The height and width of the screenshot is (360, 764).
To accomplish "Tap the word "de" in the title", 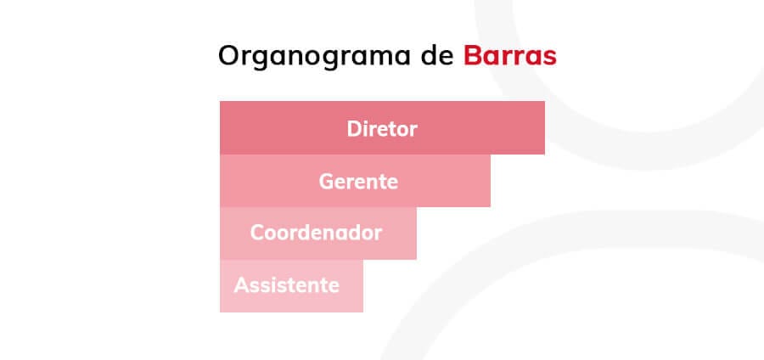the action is [x=437, y=55].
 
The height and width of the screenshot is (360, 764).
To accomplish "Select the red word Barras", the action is [x=509, y=55].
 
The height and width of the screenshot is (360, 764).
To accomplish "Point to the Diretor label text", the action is [x=382, y=129].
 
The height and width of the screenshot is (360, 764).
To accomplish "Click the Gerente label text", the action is [x=358, y=182].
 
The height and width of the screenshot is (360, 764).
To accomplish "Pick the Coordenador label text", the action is [x=316, y=233].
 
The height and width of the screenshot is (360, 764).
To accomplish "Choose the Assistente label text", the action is [x=287, y=285].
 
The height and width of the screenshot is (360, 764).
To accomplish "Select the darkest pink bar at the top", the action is [x=382, y=127].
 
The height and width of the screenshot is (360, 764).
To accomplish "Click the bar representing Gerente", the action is [x=355, y=181].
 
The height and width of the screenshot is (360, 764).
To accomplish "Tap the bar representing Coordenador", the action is [x=318, y=233].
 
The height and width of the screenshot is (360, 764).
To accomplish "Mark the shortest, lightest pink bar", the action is [x=291, y=286].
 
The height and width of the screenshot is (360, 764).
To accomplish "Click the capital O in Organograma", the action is [x=230, y=55].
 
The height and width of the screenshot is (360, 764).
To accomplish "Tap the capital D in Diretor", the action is [x=354, y=129].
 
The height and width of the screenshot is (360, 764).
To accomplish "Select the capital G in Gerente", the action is [x=327, y=182].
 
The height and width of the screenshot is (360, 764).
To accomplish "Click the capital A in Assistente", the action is [x=242, y=285].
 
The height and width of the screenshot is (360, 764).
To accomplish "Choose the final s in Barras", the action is [x=549, y=59].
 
